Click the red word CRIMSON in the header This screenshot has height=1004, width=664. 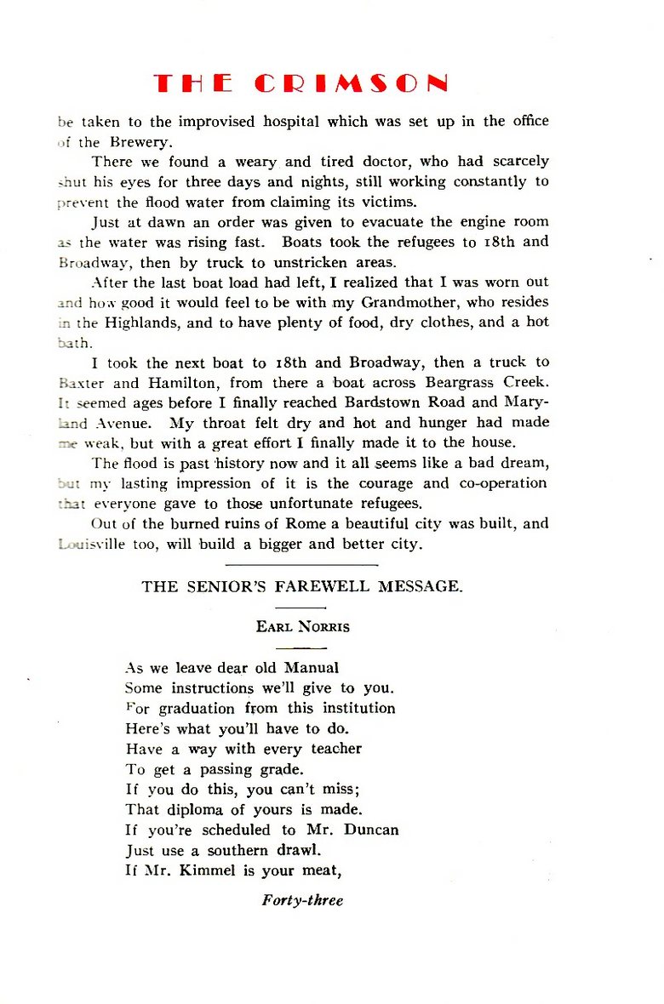(x=352, y=83)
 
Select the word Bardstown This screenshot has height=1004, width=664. (x=385, y=402)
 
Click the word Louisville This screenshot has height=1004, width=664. (x=89, y=544)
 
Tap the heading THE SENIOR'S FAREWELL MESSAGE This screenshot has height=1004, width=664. (x=302, y=586)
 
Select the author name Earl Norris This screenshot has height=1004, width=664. (x=301, y=627)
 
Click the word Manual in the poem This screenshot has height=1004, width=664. (x=312, y=668)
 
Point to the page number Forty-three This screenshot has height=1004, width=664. (x=302, y=900)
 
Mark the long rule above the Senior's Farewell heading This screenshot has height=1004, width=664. (x=302, y=563)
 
